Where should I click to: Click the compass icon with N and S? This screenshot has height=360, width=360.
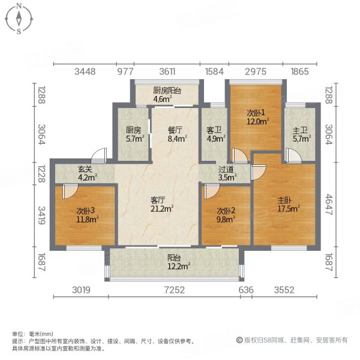coord(19,19)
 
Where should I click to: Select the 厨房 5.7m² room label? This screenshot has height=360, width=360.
coord(134,134)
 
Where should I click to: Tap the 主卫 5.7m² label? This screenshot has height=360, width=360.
coord(300,134)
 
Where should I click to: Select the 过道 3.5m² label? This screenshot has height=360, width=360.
coord(227,173)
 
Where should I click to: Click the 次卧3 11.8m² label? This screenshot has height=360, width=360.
coord(84,215)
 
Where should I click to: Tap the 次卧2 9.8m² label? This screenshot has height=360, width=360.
coord(226,215)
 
